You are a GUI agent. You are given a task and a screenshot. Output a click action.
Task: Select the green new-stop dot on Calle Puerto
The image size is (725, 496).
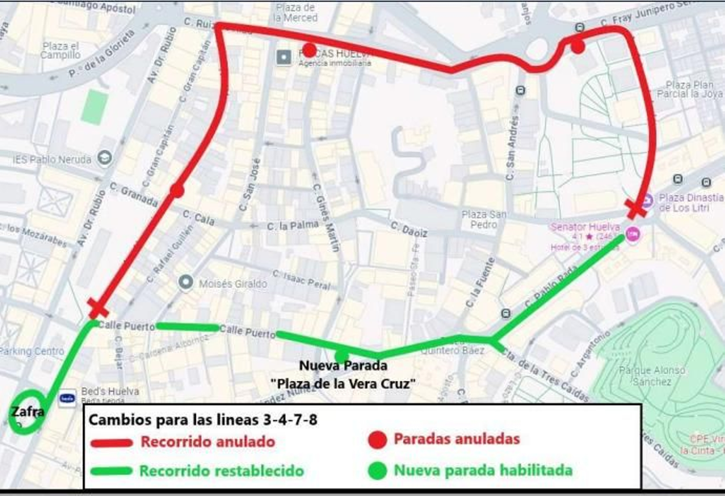point(342,355)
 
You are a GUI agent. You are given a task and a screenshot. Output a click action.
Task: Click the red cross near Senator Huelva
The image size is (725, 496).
point(635,208)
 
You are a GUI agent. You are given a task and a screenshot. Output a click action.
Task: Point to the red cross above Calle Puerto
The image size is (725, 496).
point(98,308)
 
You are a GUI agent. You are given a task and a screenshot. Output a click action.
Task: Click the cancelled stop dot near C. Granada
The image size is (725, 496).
point(177,190)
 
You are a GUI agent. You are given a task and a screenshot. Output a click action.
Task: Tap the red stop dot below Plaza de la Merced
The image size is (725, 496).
point(309,50)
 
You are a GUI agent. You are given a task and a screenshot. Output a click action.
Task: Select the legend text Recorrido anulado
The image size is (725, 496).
point(208,442)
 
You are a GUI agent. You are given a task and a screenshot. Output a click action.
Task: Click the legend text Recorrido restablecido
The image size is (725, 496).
point(221,471)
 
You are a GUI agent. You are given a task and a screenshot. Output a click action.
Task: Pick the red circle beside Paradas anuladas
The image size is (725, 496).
point(377,439)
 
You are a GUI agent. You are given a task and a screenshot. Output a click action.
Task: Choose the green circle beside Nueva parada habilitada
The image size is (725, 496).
point(377,471)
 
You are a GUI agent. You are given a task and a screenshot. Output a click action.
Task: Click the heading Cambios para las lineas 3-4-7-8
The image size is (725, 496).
point(203,419)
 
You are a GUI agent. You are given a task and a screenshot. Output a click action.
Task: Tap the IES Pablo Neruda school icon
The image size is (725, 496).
point(105,158)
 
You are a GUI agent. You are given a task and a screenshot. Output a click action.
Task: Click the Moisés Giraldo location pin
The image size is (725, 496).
point(185,282)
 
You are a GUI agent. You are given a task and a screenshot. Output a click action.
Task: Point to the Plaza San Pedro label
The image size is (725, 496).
point(483,219)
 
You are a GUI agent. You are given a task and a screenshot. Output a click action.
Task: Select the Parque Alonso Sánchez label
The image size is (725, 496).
point(652,376)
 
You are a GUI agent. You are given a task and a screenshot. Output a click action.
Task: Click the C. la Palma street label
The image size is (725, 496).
point(292,225)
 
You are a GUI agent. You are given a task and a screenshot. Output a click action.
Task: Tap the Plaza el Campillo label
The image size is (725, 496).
point(60,50)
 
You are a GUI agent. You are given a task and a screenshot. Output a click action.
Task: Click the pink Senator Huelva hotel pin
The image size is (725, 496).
point(633,234)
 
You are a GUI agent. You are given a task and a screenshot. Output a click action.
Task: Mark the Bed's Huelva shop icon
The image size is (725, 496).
point(67,398)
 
